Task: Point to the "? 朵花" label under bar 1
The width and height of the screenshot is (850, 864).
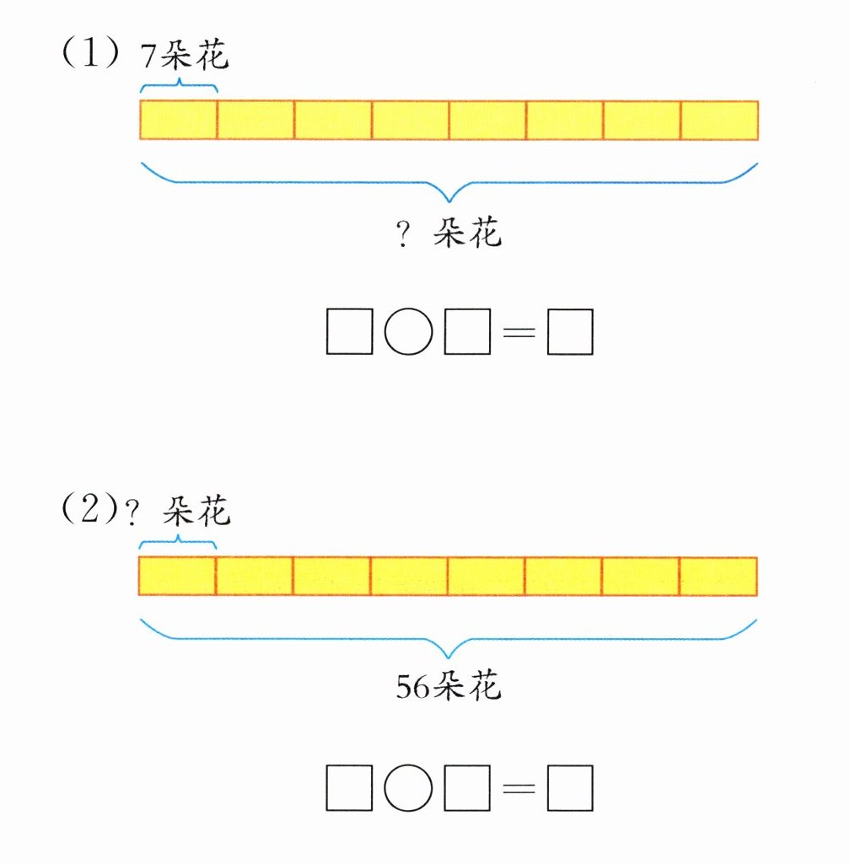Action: pyautogui.click(x=449, y=233)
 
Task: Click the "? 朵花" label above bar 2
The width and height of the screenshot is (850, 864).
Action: pyautogui.click(x=178, y=511)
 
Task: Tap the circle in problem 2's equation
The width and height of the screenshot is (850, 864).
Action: pyautogui.click(x=408, y=789)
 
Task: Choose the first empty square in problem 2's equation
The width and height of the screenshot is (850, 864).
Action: pyautogui.click(x=349, y=789)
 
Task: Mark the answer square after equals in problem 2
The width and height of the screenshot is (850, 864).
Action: pyautogui.click(x=570, y=789)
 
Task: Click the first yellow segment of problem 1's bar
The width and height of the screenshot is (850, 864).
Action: pyautogui.click(x=178, y=120)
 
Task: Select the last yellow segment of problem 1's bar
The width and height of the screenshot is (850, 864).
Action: pyautogui.click(x=719, y=120)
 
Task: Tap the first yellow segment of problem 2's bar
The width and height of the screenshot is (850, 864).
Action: pyautogui.click(x=177, y=576)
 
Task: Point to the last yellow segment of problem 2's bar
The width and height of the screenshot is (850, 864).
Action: pyautogui.click(x=718, y=576)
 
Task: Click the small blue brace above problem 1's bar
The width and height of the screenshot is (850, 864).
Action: pyautogui.click(x=179, y=85)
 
